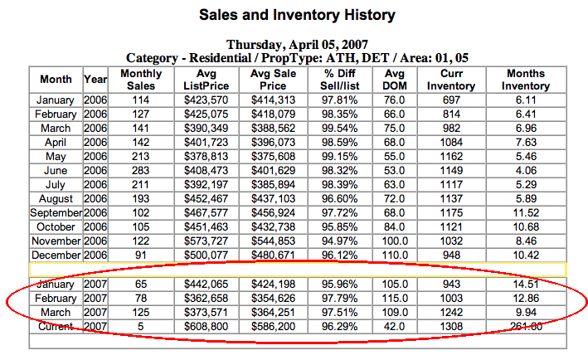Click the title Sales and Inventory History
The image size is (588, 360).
point(297,15)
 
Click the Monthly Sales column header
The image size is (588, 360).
point(142,80)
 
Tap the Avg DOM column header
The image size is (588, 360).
point(394,80)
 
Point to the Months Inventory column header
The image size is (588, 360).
point(525,80)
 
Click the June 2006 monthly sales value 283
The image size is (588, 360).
point(142,168)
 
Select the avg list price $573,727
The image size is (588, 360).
point(204,240)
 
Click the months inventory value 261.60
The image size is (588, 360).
point(526,326)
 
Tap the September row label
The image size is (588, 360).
point(56,212)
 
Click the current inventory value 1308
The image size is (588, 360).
point(457,326)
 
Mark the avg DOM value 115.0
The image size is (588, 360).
point(394,297)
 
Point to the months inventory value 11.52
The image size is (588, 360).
point(526,212)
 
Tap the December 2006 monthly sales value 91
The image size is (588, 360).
point(142,255)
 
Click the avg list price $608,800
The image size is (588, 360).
point(204,326)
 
